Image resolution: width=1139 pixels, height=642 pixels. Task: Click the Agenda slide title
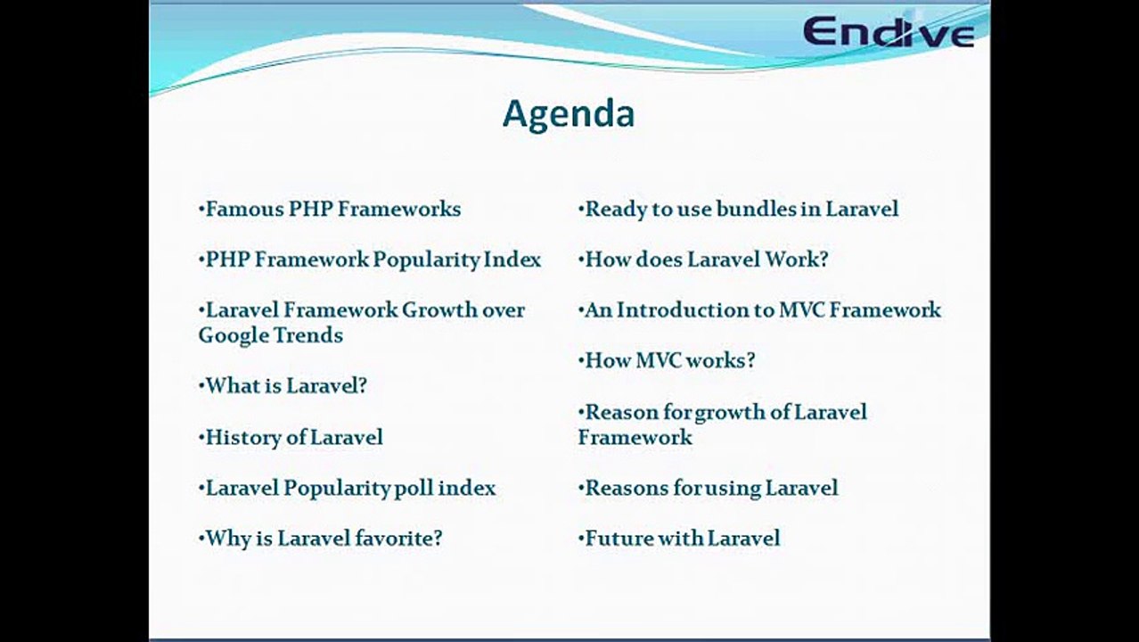569,114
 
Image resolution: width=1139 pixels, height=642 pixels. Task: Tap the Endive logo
888,32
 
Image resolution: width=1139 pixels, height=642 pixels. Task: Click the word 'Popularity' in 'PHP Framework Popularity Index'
426,260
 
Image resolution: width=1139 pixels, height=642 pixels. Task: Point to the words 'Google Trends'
270,335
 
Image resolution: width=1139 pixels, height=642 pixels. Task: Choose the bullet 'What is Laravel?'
283,386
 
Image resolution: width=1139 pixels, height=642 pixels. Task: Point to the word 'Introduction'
684,310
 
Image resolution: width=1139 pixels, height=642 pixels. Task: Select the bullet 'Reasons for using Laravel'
709,489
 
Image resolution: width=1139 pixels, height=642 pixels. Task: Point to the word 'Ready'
613,210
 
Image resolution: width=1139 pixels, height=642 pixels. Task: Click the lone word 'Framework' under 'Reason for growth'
635,438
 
